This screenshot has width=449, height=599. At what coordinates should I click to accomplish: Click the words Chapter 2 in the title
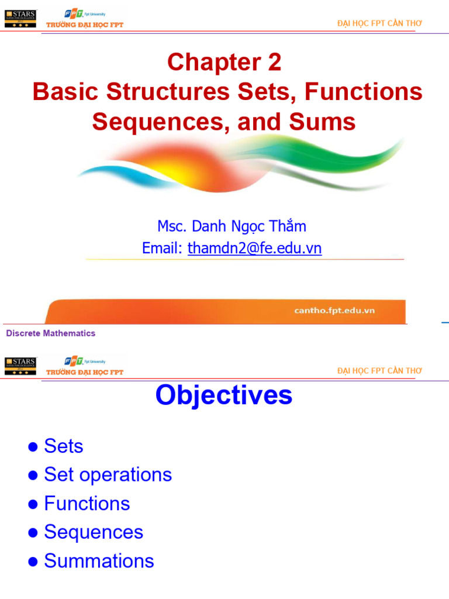[x=224, y=63]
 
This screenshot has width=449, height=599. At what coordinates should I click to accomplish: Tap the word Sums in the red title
[x=326, y=122]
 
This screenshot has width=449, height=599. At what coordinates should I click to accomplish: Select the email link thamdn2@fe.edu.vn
[x=254, y=249]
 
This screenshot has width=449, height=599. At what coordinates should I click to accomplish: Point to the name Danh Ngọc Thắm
[x=251, y=226]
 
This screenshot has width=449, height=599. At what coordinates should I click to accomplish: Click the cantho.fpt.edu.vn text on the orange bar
[x=334, y=310]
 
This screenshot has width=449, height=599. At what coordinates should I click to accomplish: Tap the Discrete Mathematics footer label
[x=51, y=333]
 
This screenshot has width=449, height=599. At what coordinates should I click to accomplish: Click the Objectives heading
[x=224, y=395]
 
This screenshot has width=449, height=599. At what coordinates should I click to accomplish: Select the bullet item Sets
[x=64, y=446]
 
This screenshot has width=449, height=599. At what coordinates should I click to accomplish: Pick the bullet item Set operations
[x=108, y=474]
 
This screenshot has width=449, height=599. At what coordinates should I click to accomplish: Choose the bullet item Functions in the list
[x=87, y=503]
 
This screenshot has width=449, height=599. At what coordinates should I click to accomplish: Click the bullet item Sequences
[x=94, y=532]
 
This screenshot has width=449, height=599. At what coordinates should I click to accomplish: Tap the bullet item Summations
[x=99, y=560]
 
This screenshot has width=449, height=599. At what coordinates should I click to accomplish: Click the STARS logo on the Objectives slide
[x=20, y=366]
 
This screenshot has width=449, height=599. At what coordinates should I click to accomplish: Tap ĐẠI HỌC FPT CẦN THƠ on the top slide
[x=379, y=23]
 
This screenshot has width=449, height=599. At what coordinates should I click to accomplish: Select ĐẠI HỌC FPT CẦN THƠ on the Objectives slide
[x=379, y=371]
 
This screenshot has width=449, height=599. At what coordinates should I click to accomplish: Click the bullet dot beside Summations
[x=33, y=562]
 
